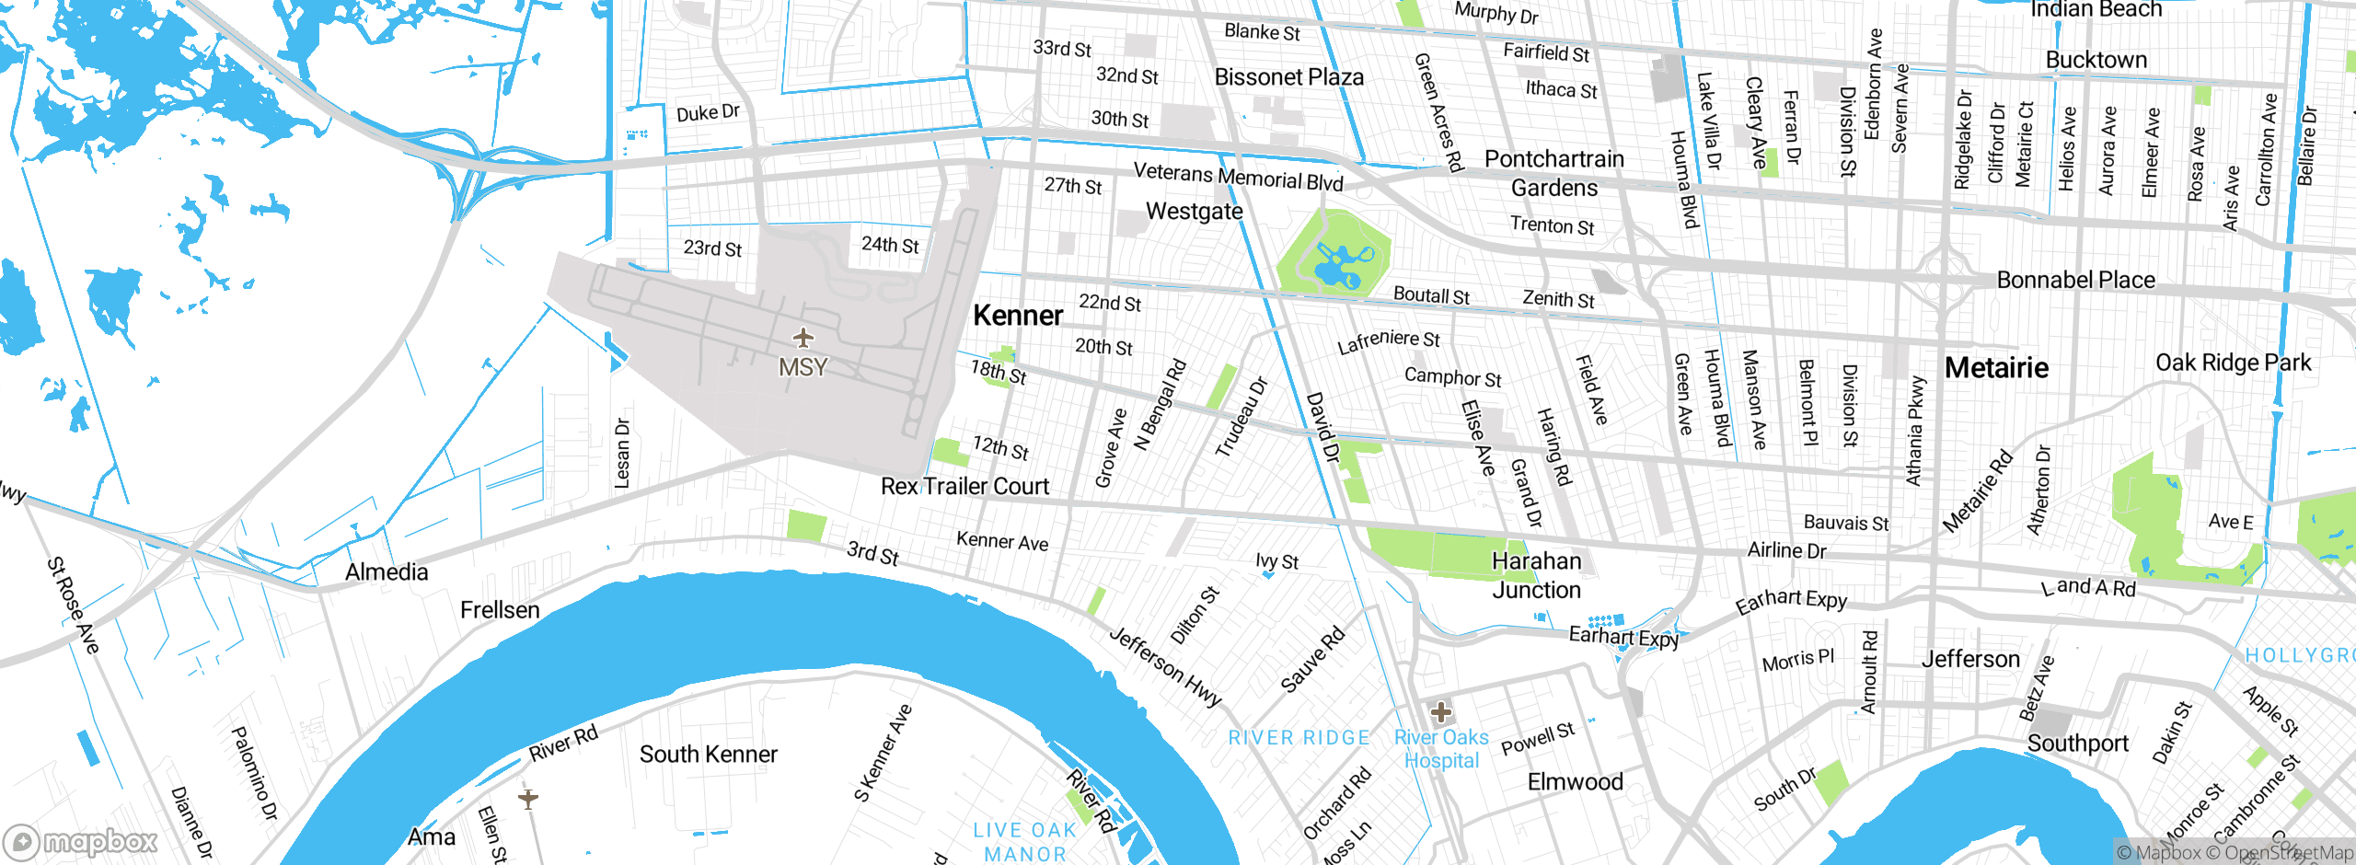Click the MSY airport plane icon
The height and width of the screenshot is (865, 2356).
pos(803,339)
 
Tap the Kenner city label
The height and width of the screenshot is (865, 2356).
pos(1018,316)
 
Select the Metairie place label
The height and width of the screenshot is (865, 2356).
pos(1996,368)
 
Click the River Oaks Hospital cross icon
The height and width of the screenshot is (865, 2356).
pos(1441,711)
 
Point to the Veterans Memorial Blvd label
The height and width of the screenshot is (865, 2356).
pos(1238,176)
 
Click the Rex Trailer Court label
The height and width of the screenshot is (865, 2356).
pos(964,486)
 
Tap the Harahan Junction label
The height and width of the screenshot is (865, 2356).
pos(1536,575)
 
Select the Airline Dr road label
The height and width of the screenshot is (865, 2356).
pos(1786,550)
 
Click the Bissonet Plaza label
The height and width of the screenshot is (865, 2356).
pos(1288,77)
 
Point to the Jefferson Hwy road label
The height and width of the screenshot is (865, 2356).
pos(1165,666)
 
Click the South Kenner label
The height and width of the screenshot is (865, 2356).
pos(708,755)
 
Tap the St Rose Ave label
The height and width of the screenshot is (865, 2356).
pos(73,605)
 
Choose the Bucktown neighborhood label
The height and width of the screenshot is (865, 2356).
pos(2096,60)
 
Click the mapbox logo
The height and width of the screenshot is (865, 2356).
pos(81,841)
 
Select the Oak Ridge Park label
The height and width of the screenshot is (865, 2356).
pos(2233,363)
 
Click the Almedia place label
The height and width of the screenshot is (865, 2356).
pos(387,572)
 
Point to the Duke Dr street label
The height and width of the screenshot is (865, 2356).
pos(708,113)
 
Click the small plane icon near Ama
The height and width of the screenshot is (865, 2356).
pos(527,797)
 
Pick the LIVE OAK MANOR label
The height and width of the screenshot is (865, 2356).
pos(1024,842)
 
